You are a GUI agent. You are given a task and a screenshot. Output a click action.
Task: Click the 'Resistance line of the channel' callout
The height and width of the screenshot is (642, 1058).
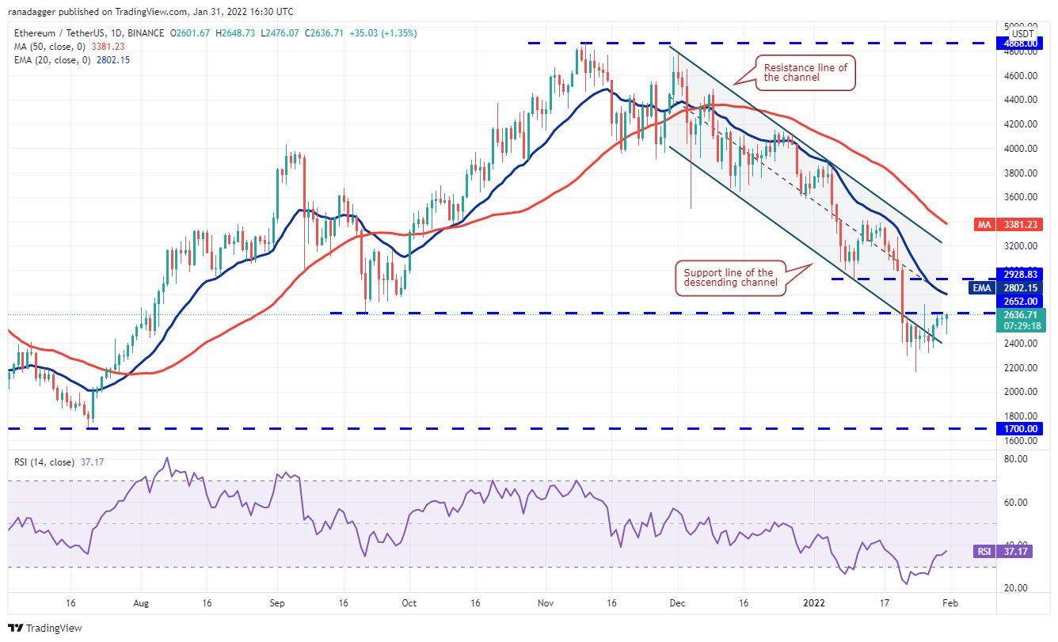tap(805, 74)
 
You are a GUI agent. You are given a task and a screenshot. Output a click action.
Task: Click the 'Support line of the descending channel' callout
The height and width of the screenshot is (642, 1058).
tap(729, 278)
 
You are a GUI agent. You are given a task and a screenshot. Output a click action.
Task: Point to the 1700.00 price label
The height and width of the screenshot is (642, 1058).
tap(1021, 428)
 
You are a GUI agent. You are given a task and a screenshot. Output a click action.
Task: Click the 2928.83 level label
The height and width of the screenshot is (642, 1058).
tap(1021, 274)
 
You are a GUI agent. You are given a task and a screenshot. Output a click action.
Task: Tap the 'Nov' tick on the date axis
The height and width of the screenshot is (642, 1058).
tap(544, 602)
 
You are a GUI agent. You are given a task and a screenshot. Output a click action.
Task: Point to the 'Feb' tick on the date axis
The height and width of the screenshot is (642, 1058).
tap(950, 602)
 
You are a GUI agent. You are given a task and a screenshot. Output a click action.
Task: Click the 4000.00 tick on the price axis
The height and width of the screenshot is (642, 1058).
tap(1021, 149)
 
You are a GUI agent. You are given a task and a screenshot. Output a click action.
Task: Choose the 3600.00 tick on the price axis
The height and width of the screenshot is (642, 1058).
tap(1021, 197)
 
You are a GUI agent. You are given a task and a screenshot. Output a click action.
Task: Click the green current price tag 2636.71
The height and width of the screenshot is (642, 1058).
tap(1021, 314)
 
